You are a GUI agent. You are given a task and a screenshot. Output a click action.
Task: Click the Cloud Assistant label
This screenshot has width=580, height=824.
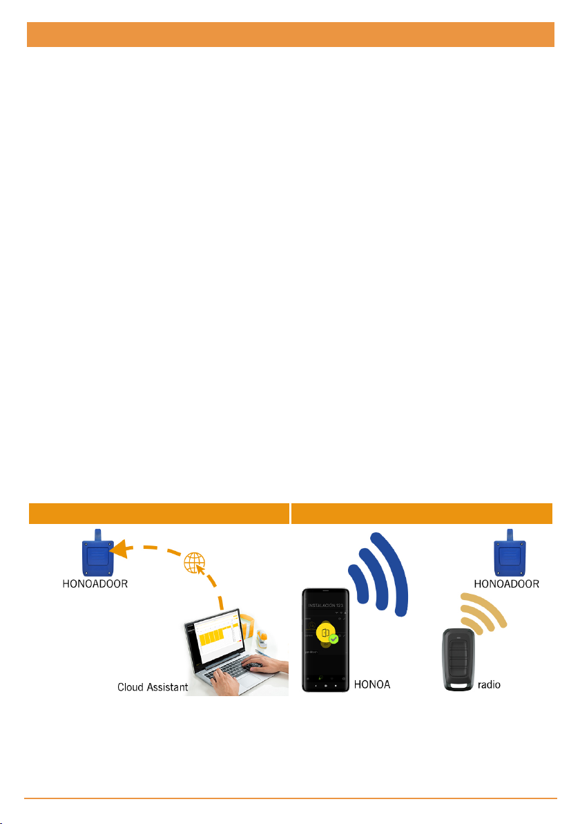(x=151, y=688)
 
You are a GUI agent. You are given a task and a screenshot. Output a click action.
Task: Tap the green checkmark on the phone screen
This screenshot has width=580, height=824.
(x=333, y=640)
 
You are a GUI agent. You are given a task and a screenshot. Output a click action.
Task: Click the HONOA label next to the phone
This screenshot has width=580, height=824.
(x=372, y=685)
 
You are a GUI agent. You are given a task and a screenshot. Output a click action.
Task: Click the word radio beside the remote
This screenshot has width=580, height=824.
(x=489, y=685)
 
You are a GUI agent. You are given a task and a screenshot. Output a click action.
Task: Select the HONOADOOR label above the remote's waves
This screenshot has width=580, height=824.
(x=507, y=583)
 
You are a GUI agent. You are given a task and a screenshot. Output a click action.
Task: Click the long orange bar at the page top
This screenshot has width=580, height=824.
(x=291, y=35)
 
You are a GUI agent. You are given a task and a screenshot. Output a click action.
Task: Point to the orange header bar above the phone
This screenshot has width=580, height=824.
(x=422, y=513)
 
